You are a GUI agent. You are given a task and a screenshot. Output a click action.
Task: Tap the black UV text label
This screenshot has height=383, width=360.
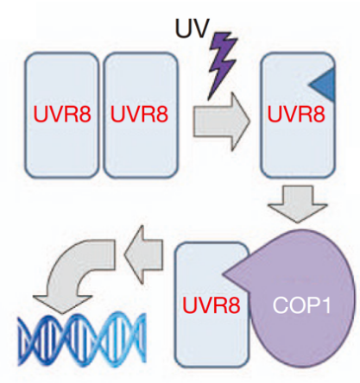192,28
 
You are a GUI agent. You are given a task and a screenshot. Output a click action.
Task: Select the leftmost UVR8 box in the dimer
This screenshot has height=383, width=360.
62,115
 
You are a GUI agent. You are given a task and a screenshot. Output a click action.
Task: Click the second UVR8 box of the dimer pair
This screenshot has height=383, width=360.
141,115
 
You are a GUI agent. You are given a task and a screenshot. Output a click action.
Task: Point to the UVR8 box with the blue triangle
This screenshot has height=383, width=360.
298,115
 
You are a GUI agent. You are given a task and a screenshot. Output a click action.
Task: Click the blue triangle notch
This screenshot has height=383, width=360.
325,85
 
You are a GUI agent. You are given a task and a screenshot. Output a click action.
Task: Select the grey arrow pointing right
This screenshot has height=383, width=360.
221,122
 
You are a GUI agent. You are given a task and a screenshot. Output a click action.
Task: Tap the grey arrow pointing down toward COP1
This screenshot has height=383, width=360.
298,204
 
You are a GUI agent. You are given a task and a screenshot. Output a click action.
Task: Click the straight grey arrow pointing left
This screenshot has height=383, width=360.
143,254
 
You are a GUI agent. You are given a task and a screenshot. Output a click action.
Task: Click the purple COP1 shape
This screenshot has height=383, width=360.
300,299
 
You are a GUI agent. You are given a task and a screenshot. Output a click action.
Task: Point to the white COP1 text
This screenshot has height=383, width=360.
302,305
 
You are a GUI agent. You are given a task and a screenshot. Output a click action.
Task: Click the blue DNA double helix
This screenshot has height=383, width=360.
82,340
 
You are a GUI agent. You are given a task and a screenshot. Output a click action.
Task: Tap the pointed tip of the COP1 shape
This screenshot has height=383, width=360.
224,274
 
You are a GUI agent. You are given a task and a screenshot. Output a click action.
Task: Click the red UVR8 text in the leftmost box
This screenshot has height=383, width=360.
62,114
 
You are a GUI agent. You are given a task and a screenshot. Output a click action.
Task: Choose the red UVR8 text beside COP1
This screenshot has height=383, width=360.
212,305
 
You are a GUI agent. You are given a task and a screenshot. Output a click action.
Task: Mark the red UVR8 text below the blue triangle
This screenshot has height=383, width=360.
296,114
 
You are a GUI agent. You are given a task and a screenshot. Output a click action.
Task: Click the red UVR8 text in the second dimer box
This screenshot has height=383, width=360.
139,114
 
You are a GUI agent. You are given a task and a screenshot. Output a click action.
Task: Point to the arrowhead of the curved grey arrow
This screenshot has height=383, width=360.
62,304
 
